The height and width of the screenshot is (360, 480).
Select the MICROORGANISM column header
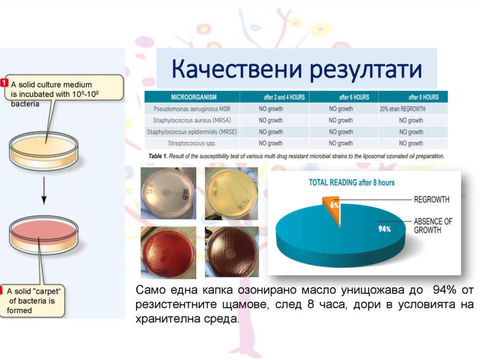[194, 97]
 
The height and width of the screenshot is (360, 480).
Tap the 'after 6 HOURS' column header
[354, 97]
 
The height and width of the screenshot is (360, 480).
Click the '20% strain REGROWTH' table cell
[403, 109]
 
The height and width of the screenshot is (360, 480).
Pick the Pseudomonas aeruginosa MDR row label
[192, 109]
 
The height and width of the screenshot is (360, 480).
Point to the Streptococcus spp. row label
[192, 143]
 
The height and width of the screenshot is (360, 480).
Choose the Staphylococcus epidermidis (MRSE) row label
[192, 132]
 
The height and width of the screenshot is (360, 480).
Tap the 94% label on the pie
[384, 229]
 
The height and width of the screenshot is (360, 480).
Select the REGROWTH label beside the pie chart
[432, 200]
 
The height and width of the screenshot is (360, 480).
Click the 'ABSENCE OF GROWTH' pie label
[433, 225]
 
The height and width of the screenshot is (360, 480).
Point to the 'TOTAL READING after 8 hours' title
[352, 183]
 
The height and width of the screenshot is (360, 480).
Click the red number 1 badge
[4, 82]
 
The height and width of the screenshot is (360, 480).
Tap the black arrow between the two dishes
[44, 190]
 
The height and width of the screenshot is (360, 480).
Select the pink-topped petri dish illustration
[44, 234]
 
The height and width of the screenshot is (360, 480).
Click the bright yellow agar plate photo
[232, 194]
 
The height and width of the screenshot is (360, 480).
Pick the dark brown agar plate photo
[232, 252]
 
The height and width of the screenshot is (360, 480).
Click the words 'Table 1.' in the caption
[158, 156]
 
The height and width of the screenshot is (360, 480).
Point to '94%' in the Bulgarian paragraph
[444, 290]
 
